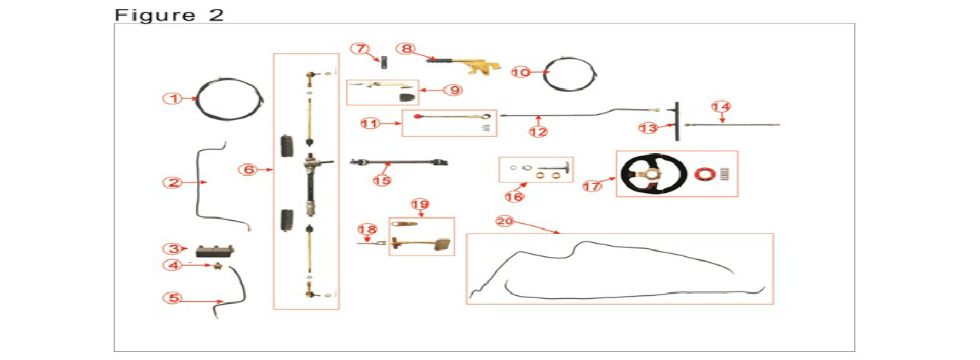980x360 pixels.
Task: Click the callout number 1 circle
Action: pyautogui.click(x=173, y=98)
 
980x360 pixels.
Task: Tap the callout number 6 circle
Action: pyautogui.click(x=248, y=169)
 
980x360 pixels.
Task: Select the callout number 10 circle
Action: pyautogui.click(x=521, y=72)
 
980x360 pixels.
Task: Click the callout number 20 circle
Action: pyautogui.click(x=504, y=221)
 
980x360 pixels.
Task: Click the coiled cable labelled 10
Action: pyautogui.click(x=573, y=72)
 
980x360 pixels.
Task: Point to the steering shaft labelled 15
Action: pyautogui.click(x=399, y=162)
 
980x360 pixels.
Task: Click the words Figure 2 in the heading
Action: pyautogui.click(x=169, y=15)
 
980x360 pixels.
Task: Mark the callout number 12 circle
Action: pyautogui.click(x=539, y=131)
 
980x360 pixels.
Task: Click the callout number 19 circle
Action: pyautogui.click(x=420, y=205)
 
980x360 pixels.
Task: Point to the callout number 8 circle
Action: pyautogui.click(x=405, y=47)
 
